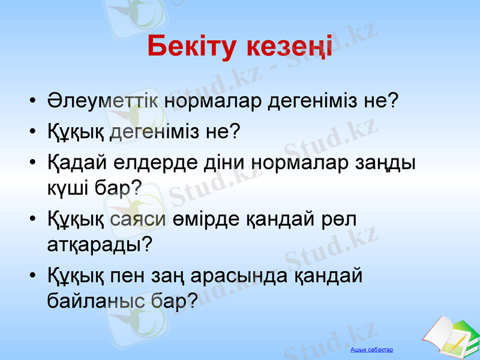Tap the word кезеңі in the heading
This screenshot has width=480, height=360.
click(x=289, y=48)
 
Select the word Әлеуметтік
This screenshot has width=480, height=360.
click(x=103, y=101)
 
